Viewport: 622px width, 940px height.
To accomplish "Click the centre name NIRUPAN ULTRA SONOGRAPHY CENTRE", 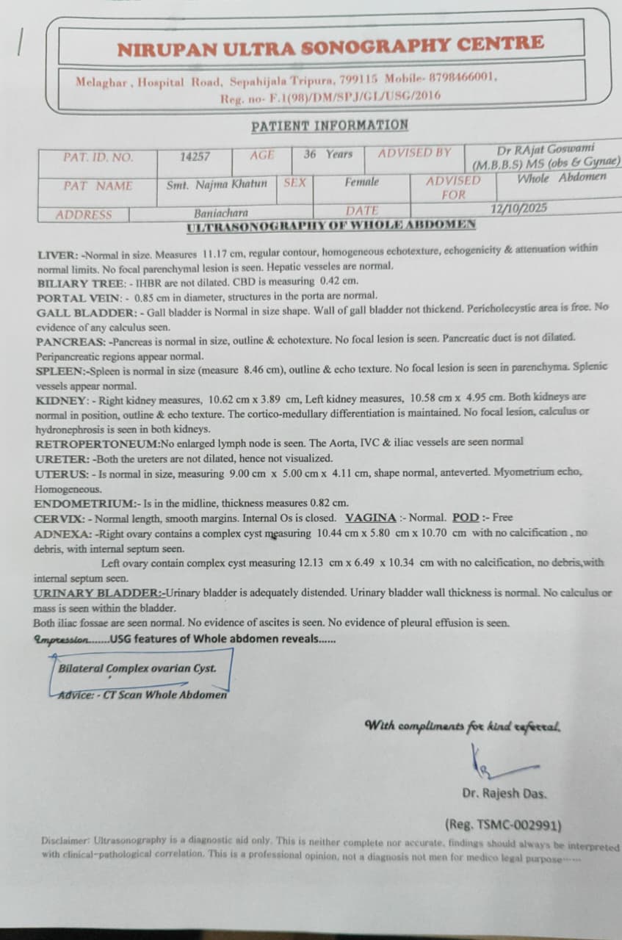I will coord(330,47).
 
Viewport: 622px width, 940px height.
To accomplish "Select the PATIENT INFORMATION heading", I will coord(330,126).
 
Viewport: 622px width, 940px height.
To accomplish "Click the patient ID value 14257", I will coord(195,156).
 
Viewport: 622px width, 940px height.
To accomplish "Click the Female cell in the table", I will coord(362,182).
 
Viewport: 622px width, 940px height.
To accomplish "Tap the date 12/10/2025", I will coord(518,209).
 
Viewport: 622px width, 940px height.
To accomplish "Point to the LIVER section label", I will coord(57,256).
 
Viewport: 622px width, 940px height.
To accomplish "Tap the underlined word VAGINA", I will coord(371,518).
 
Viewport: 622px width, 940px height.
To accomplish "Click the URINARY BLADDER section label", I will coord(99,593).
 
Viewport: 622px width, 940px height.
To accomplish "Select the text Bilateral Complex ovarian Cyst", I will coord(137,669).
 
